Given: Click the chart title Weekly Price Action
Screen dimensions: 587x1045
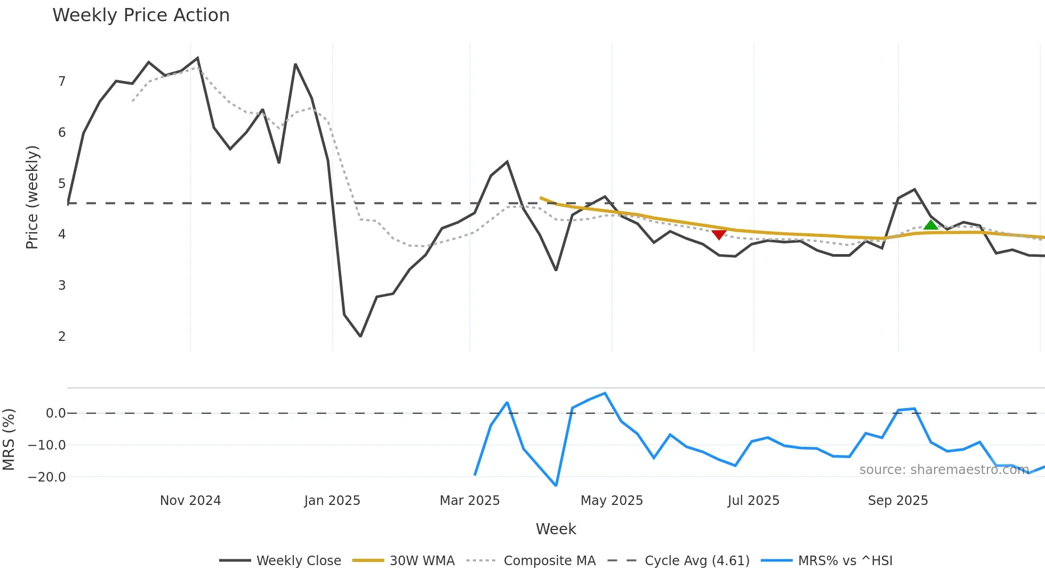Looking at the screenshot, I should (141, 15).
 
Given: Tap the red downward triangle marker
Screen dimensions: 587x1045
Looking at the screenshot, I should (719, 234).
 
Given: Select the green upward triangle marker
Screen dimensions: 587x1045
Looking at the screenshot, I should (930, 225).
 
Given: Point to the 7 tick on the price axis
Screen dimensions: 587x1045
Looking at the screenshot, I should (62, 81).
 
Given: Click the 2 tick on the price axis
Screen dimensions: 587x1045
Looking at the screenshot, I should (62, 336).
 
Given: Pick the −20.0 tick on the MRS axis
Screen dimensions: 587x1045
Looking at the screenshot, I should (47, 477).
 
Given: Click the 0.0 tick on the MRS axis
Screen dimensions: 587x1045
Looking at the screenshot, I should (55, 413).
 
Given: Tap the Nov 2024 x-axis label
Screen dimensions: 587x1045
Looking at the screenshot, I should (190, 501).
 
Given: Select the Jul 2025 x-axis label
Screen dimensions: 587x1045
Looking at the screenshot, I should (753, 501).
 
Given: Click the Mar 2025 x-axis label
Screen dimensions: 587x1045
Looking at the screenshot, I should (469, 501).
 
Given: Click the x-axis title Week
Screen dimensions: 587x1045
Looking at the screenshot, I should (556, 529).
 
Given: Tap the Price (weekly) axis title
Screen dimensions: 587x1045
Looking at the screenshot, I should (32, 197).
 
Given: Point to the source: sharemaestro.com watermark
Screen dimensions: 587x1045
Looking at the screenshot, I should (944, 470).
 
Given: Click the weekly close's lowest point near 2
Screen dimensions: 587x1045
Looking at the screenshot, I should (360, 336).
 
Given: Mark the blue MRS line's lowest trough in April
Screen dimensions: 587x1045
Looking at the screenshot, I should (556, 485).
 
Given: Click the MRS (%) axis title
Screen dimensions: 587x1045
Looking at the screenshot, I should (9, 439).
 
